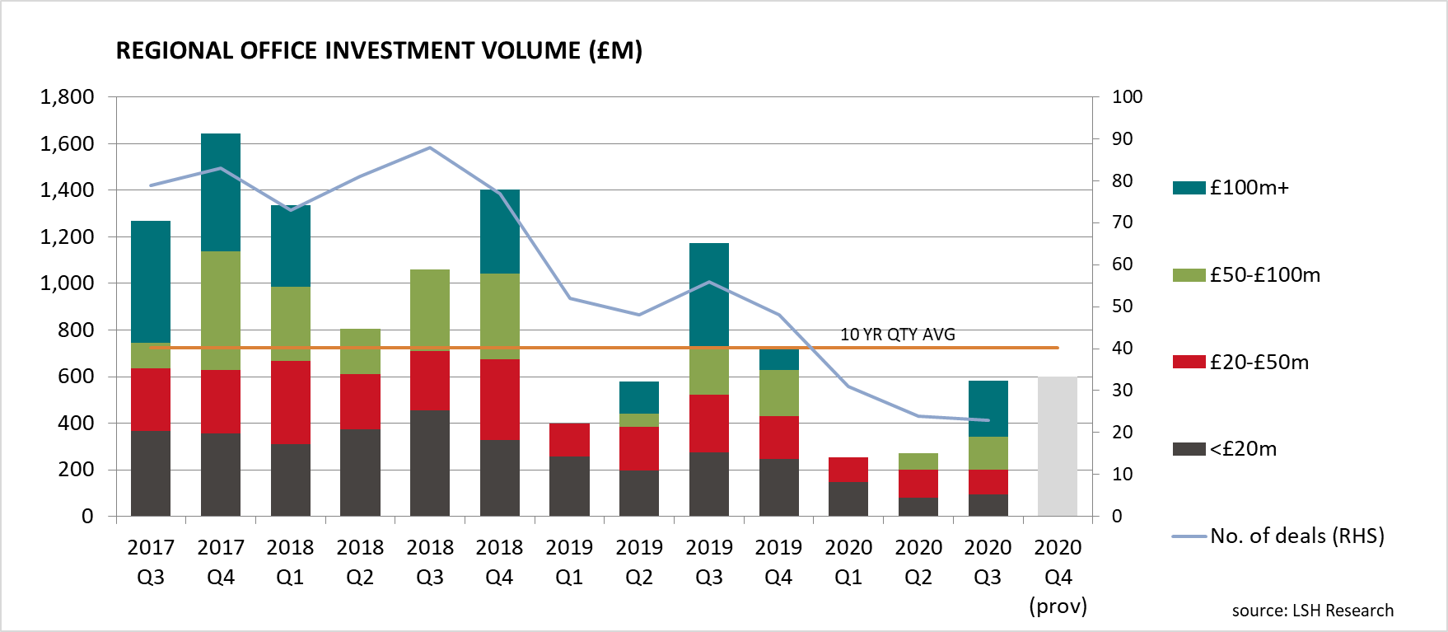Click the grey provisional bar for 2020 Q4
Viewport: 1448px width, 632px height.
coord(1058,446)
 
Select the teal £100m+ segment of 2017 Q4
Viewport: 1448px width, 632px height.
coord(221,192)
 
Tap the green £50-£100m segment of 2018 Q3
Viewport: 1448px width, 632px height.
coord(430,310)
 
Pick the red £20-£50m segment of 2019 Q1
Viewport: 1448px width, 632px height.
coord(569,439)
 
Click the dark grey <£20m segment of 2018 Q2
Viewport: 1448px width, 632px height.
coord(360,472)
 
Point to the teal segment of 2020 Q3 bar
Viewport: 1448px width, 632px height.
coord(988,409)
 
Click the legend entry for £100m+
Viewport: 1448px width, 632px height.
coord(1232,188)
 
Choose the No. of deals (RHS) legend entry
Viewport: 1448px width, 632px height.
coord(1279,536)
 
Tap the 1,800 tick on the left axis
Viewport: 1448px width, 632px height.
coord(68,97)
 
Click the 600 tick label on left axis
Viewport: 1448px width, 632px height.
coord(76,377)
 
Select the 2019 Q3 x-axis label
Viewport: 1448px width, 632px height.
coord(708,561)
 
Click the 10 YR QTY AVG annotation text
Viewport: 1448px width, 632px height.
coord(897,335)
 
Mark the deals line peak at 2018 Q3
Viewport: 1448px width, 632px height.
coord(430,147)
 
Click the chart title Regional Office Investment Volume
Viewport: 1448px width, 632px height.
coord(379,51)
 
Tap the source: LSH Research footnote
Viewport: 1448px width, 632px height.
coord(1312,611)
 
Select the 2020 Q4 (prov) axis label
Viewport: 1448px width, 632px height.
coord(1058,576)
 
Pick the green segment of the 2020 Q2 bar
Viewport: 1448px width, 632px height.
coord(918,461)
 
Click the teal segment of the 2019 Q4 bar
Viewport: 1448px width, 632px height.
coord(778,359)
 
